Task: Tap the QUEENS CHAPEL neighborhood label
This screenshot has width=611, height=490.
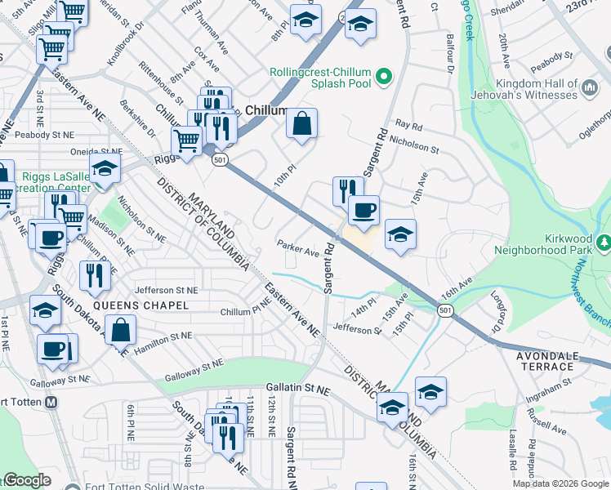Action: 141,305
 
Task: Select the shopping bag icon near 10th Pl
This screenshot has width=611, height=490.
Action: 301,124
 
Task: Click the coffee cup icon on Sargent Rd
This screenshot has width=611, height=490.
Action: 363,209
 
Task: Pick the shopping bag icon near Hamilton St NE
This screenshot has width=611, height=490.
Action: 120,331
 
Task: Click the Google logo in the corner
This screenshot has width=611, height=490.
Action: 27,480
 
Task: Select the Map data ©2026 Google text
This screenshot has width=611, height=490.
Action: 560,483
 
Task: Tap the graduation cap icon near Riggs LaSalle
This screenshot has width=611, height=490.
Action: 105,169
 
